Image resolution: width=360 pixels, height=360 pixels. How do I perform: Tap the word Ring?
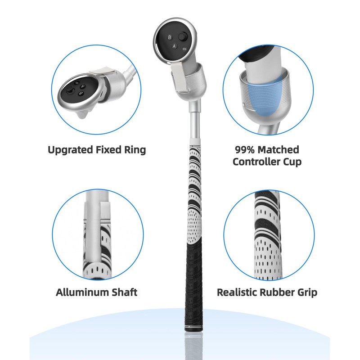pos(135,150)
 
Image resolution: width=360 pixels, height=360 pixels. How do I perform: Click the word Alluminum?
pos(82,292)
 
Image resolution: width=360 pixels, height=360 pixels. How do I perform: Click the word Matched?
pos(280,149)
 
